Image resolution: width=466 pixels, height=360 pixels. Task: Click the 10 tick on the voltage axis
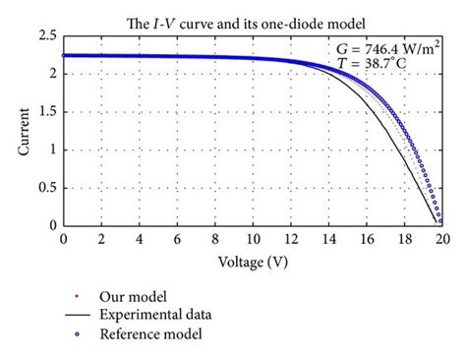tap(253, 239)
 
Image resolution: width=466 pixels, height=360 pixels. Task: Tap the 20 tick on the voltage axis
tap(442, 239)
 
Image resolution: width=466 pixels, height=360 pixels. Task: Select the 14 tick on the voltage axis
tap(328, 239)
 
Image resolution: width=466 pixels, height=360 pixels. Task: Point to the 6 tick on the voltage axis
tap(177, 239)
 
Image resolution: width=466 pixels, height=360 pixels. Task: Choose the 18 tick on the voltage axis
tap(404, 239)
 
